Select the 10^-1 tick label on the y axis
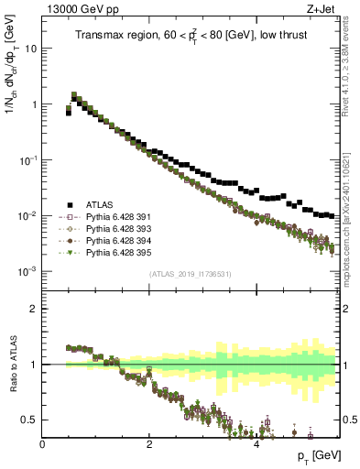[x=28, y=160]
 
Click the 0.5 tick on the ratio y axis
[x=30, y=420]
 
